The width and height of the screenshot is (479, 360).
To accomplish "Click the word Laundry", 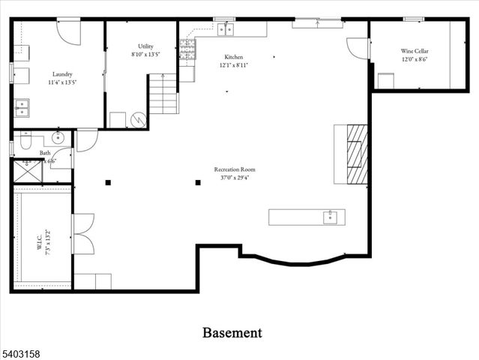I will click(x=62, y=74).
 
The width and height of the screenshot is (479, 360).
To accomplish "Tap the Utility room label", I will click(x=145, y=46).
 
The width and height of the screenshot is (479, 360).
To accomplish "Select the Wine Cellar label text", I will click(x=415, y=51).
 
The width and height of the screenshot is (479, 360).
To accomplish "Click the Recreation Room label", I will click(x=234, y=169).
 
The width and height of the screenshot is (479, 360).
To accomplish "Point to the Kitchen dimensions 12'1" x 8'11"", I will click(x=234, y=65).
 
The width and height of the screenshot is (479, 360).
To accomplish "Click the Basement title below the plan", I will click(x=232, y=332).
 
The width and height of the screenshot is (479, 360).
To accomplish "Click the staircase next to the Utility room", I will click(x=163, y=94).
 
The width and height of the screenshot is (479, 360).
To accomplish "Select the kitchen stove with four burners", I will click(x=187, y=49).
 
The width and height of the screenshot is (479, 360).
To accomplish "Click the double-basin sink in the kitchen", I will click(x=226, y=29).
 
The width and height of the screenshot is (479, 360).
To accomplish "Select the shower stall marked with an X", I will click(x=27, y=172).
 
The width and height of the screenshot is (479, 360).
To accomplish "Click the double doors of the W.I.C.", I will click(x=82, y=232).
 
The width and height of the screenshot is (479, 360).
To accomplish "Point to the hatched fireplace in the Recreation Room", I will click(x=358, y=154).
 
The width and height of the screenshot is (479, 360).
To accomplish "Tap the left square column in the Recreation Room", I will click(x=108, y=182).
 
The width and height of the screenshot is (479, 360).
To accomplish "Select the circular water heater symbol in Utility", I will click(x=137, y=119).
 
